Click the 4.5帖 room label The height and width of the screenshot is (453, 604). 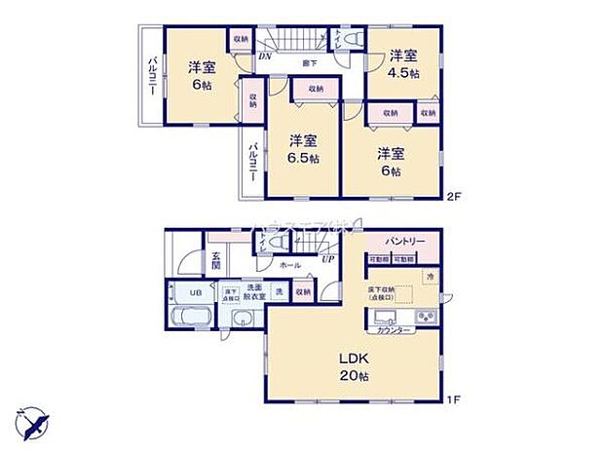coord(404,62)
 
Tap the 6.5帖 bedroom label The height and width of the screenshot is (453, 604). coord(302,149)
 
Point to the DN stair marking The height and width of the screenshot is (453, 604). coord(264,57)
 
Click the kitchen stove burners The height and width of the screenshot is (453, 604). coord(426,319)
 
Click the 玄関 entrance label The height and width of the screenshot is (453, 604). coord(216,261)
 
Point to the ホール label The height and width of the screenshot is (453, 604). coord(289,264)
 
